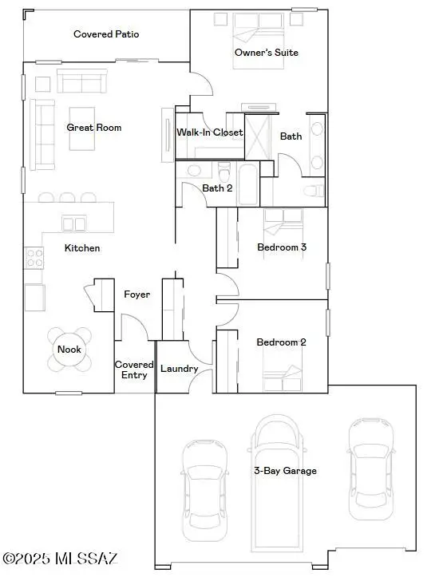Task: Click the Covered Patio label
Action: pyautogui.click(x=106, y=34)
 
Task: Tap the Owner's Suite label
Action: pyautogui.click(x=267, y=53)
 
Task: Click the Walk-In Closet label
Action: pyautogui.click(x=209, y=132)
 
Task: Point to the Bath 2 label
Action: pyautogui.click(x=217, y=188)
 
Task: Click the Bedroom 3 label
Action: pyautogui.click(x=282, y=247)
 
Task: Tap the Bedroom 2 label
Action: pyautogui.click(x=282, y=342)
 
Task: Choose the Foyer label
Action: pyautogui.click(x=136, y=294)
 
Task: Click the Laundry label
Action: pyautogui.click(x=179, y=369)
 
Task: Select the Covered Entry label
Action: pyautogui.click(x=134, y=370)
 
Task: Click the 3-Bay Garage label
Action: pyautogui.click(x=284, y=471)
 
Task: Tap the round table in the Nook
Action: pyautogui.click(x=69, y=350)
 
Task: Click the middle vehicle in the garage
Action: pyautogui.click(x=278, y=479)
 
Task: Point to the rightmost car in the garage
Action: pyautogui.click(x=371, y=463)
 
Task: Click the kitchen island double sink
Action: pyautogui.click(x=74, y=224)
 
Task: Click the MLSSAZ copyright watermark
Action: pyautogui.click(x=61, y=559)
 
